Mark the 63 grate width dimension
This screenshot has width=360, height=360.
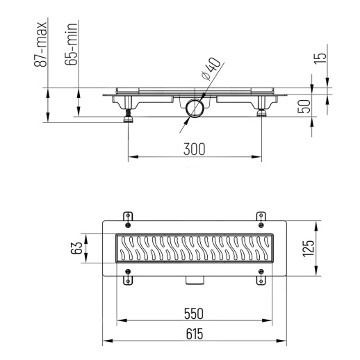pos(79,248)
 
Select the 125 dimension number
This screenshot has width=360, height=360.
pos(309,248)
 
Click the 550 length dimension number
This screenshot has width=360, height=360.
pos(194,313)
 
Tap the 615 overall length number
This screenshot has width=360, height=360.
pos(194,334)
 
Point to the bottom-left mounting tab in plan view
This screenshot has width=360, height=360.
pos(127,279)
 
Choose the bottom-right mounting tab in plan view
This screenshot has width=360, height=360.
pos(261,279)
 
